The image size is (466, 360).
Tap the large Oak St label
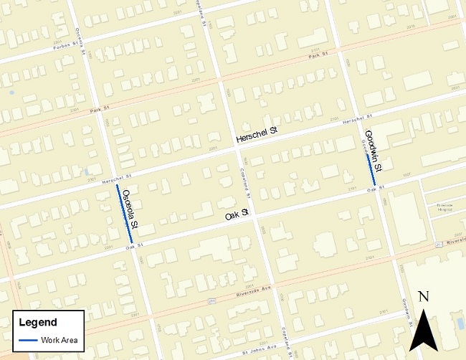(x=236, y=214)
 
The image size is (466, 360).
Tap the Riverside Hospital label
(x=444, y=206)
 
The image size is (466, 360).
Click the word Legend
(x=37, y=323)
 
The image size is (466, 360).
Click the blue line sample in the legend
(x=29, y=340)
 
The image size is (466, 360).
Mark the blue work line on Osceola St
(x=124, y=214)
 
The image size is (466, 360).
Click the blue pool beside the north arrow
(x=460, y=323)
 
